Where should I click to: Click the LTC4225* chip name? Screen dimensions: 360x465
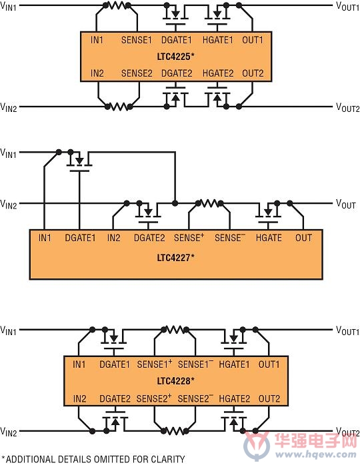pyautogui.click(x=175, y=57)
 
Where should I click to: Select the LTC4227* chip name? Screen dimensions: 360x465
pyautogui.click(x=175, y=257)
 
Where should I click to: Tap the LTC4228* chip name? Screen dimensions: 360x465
pyautogui.click(x=175, y=380)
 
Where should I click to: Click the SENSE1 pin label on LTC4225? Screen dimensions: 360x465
pyautogui.click(x=137, y=40)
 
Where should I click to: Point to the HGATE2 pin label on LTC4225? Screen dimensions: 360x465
pyautogui.click(x=218, y=73)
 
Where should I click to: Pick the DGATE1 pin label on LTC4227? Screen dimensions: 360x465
pyautogui.click(x=80, y=238)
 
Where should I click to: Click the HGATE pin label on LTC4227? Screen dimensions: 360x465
pyautogui.click(x=269, y=238)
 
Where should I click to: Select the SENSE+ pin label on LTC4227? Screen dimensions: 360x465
pyautogui.click(x=189, y=238)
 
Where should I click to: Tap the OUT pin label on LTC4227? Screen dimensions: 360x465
pyautogui.click(x=303, y=238)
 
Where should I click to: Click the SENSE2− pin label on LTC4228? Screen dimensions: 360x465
pyautogui.click(x=195, y=398)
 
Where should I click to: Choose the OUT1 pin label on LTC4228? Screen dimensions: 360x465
pyautogui.click(x=269, y=364)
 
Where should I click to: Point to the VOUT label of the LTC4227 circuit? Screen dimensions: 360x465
pyautogui.click(x=346, y=204)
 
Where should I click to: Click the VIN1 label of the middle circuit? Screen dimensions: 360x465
pyautogui.click(x=8, y=153)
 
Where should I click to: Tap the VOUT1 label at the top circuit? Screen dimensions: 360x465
pyautogui.click(x=347, y=6)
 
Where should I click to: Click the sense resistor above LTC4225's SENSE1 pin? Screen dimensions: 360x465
pyautogui.click(x=117, y=5)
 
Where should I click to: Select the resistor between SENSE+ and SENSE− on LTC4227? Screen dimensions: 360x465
pyautogui.click(x=209, y=203)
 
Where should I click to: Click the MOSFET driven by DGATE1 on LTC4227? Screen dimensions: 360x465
pyautogui.click(x=79, y=163)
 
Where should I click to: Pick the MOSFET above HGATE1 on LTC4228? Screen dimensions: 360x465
pyautogui.click(x=234, y=340)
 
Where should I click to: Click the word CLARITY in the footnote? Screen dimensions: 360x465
pyautogui.click(x=168, y=459)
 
